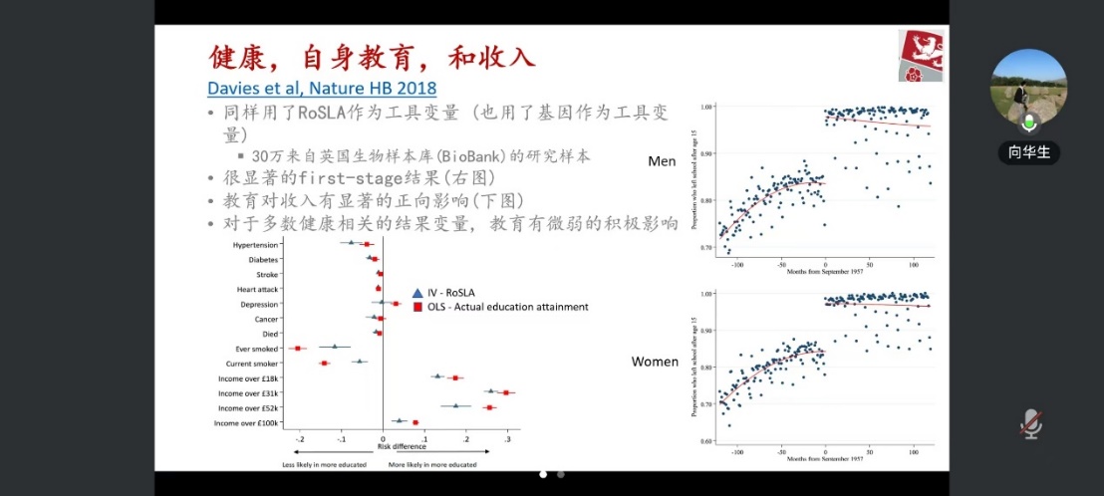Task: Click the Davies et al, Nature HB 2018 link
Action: pyautogui.click(x=322, y=87)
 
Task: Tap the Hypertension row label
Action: pyautogui.click(x=255, y=244)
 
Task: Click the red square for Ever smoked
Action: pyautogui.click(x=298, y=348)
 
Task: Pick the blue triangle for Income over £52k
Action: pyautogui.click(x=455, y=405)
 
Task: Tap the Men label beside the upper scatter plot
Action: pyautogui.click(x=662, y=160)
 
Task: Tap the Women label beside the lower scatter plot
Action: pyautogui.click(x=655, y=362)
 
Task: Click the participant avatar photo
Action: pyautogui.click(x=1028, y=87)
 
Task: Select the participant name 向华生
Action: pyautogui.click(x=1029, y=152)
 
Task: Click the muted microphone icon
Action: pyautogui.click(x=1031, y=423)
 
